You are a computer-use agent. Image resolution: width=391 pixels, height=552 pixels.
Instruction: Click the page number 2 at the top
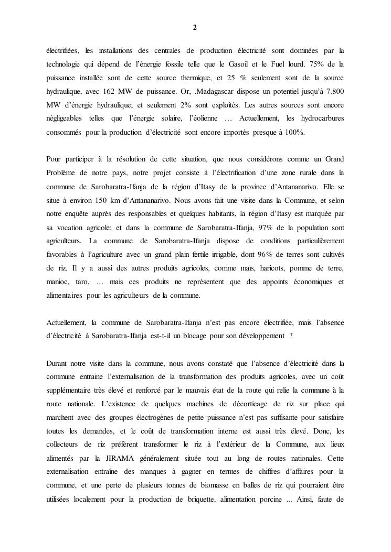tap(195, 28)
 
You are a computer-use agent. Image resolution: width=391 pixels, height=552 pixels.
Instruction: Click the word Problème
tap(62, 172)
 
